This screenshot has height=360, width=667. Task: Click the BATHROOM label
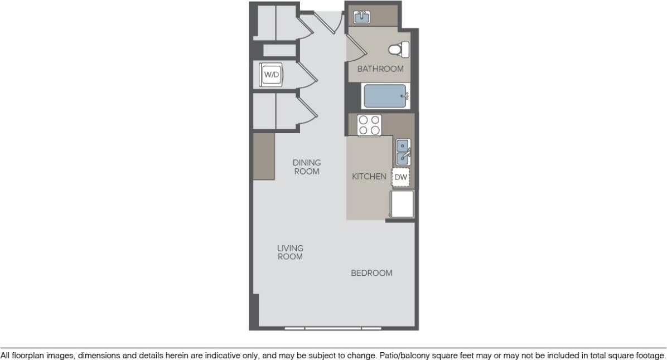(x=380, y=69)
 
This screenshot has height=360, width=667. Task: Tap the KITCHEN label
(x=369, y=177)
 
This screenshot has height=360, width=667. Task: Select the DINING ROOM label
(x=307, y=167)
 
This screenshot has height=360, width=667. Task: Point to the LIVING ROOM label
(x=290, y=252)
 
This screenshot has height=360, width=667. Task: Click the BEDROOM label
(x=371, y=273)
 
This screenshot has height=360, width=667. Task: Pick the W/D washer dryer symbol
(x=272, y=75)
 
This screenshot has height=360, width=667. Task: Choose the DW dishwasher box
(x=401, y=177)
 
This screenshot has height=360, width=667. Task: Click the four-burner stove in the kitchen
(x=369, y=125)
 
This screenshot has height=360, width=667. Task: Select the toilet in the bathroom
(x=398, y=50)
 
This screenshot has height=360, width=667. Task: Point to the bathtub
(x=385, y=96)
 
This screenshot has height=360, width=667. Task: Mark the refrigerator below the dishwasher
(x=402, y=204)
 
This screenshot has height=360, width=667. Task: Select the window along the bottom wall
(x=333, y=328)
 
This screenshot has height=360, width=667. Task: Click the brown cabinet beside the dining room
(x=264, y=156)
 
